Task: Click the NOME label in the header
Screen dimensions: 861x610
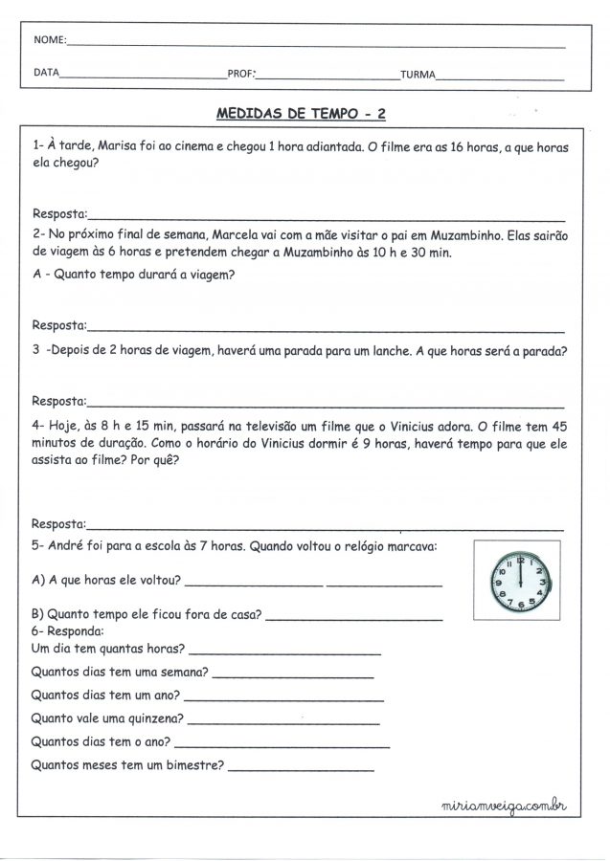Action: (x=49, y=43)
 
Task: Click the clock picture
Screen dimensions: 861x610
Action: (x=518, y=578)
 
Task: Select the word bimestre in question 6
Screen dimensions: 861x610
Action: (x=193, y=765)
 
